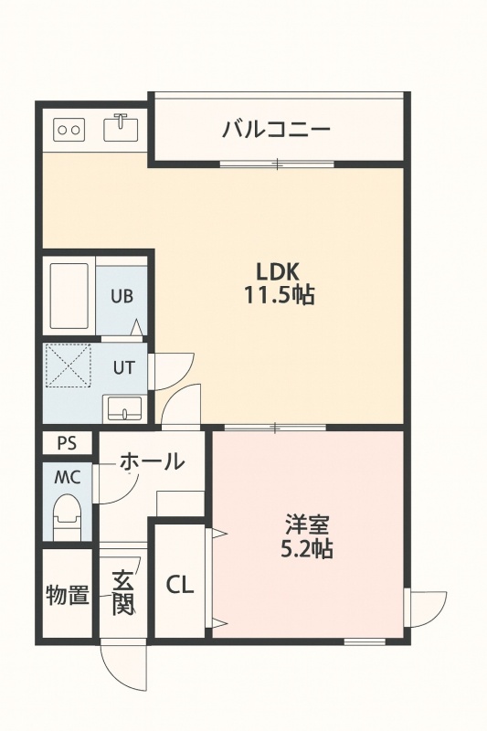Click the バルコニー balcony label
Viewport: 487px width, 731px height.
[x=276, y=128]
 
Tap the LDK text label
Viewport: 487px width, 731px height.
[x=277, y=270]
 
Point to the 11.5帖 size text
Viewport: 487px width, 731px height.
[x=280, y=294]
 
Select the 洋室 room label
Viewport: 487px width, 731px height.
[x=308, y=524]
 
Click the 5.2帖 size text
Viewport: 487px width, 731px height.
[x=307, y=549]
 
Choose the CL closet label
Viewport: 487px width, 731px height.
[x=180, y=585]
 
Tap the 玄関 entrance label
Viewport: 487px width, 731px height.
[x=123, y=592]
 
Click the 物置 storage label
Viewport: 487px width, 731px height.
[x=67, y=595]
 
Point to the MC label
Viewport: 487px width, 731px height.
[x=68, y=477]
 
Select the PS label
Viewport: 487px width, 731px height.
[x=67, y=443]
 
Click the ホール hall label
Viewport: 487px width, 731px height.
[x=152, y=461]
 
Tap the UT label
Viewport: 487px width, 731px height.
[x=124, y=368]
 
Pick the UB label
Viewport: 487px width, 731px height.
[x=122, y=296]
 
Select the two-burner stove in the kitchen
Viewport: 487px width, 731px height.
[x=69, y=130]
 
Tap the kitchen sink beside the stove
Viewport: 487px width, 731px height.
[x=122, y=127]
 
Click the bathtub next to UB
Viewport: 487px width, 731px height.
[x=69, y=296]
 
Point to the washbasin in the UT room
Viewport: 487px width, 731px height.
[x=124, y=408]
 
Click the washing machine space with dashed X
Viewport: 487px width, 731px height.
[x=69, y=366]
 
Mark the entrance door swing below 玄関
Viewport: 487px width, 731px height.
[x=124, y=666]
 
